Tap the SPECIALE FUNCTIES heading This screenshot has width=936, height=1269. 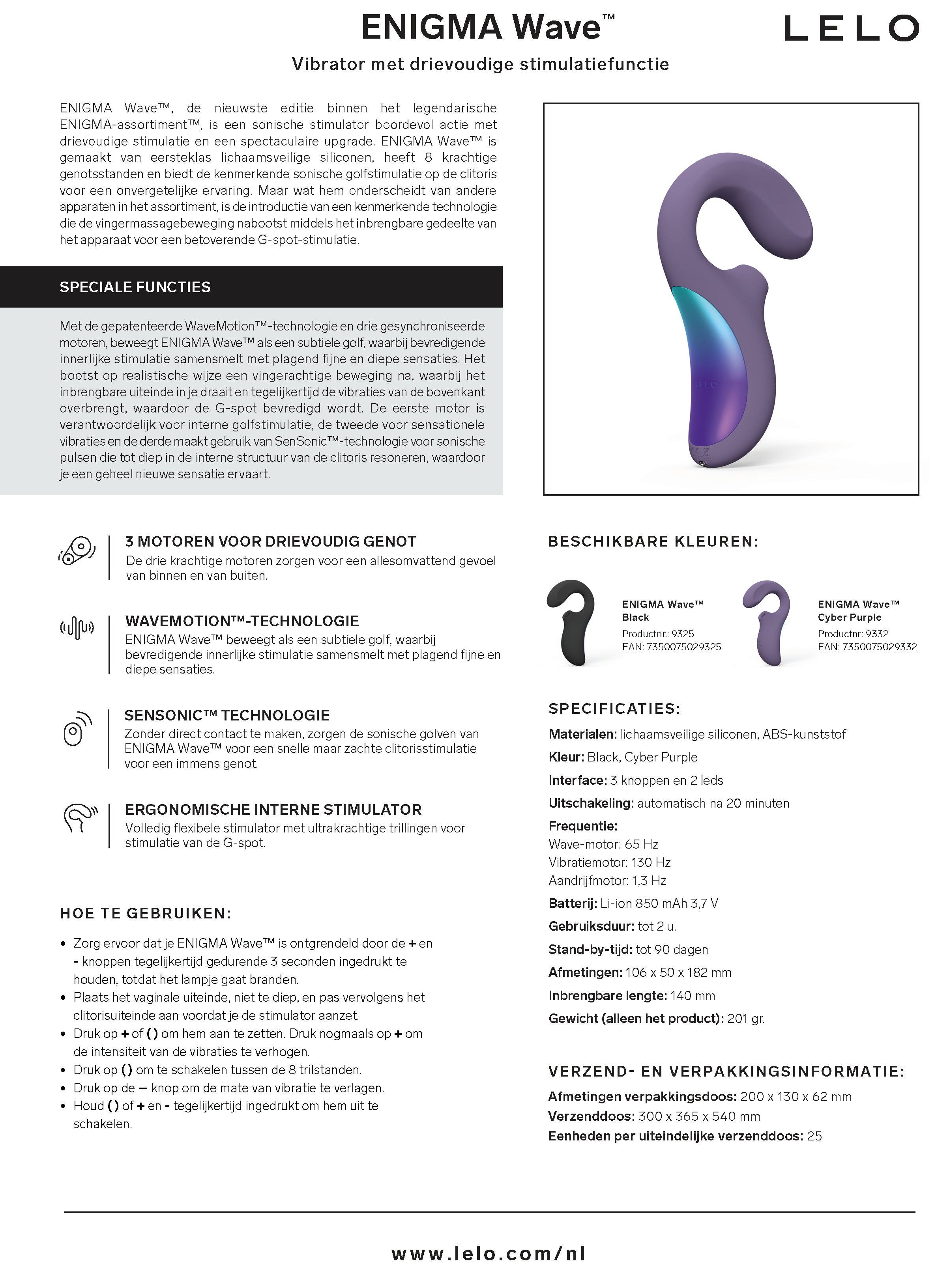pyautogui.click(x=135, y=287)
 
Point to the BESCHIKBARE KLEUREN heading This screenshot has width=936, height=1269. pyautogui.click(x=653, y=542)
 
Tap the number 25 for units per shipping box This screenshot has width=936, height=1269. pyautogui.click(x=814, y=1136)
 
